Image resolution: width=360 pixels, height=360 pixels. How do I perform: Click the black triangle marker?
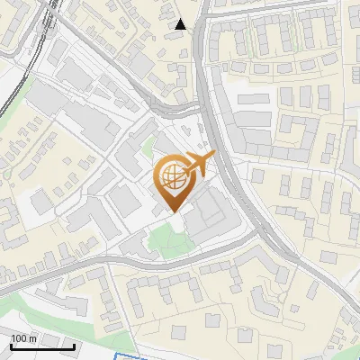pos(181,24)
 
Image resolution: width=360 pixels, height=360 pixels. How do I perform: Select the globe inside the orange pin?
pos(172,177)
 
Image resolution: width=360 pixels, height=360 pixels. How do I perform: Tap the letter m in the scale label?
pos(33,339)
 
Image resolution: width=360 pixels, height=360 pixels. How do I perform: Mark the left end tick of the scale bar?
pos(10,346)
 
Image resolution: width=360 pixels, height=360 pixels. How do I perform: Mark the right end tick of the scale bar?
pos(74,346)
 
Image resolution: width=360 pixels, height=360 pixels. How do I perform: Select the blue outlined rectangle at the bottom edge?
pos(144,357)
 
